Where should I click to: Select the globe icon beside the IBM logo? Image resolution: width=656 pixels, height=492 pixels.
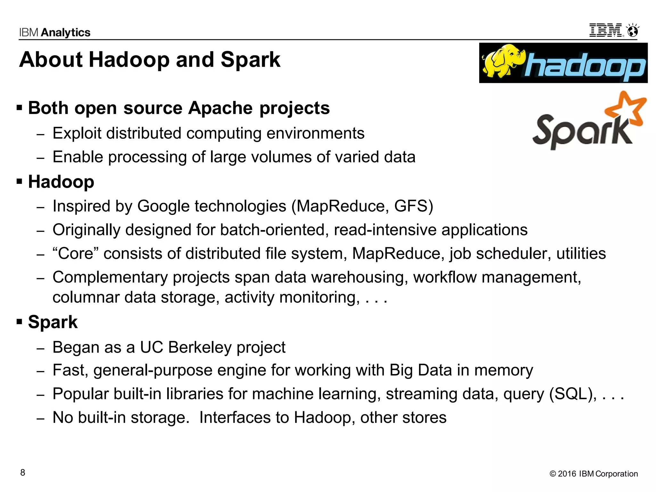[x=633, y=31]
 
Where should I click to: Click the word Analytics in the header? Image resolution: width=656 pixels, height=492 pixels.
[x=66, y=33]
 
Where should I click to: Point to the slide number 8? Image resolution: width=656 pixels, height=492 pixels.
[x=23, y=472]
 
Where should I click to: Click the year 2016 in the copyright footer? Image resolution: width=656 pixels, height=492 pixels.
[x=567, y=474]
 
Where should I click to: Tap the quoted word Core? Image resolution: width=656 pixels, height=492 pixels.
[x=76, y=253]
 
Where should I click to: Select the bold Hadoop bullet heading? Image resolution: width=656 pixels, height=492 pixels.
[x=61, y=182]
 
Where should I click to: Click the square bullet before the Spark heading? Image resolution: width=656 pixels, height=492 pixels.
[x=20, y=321]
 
